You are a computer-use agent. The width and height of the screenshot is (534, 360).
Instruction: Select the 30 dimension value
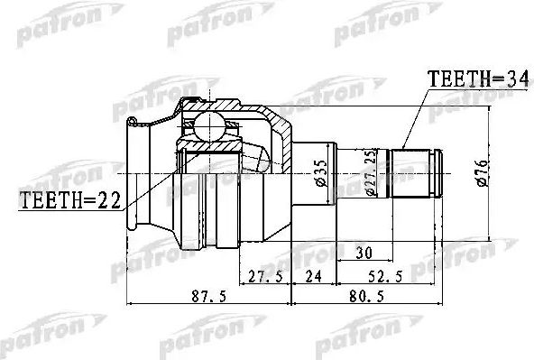click(364, 251)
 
